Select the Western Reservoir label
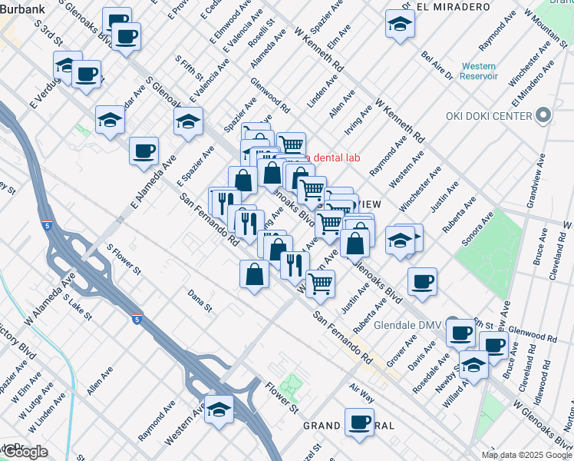click(x=479, y=71)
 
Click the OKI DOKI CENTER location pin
click(x=543, y=116)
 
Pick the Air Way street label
click(x=361, y=394)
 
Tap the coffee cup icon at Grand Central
click(x=359, y=421)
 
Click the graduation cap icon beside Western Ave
click(x=219, y=408)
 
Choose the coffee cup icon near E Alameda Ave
click(x=143, y=150)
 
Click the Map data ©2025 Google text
click(x=526, y=454)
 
